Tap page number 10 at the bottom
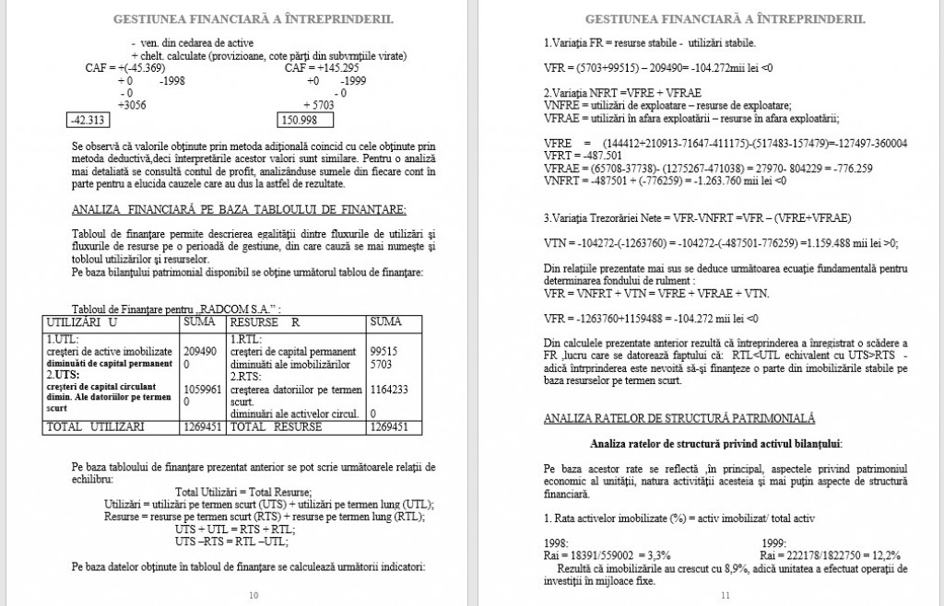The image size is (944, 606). pyautogui.click(x=254, y=595)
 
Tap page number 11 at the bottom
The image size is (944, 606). pyautogui.click(x=725, y=595)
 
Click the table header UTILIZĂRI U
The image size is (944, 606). pyautogui.click(x=82, y=322)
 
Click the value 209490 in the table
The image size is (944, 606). pyautogui.click(x=201, y=351)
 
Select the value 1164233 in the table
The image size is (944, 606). pyautogui.click(x=389, y=390)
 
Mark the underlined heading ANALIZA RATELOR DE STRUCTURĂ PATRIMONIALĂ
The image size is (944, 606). pyautogui.click(x=679, y=418)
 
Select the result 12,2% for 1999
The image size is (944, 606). pyautogui.click(x=879, y=555)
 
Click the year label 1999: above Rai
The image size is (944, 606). pyautogui.click(x=775, y=543)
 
